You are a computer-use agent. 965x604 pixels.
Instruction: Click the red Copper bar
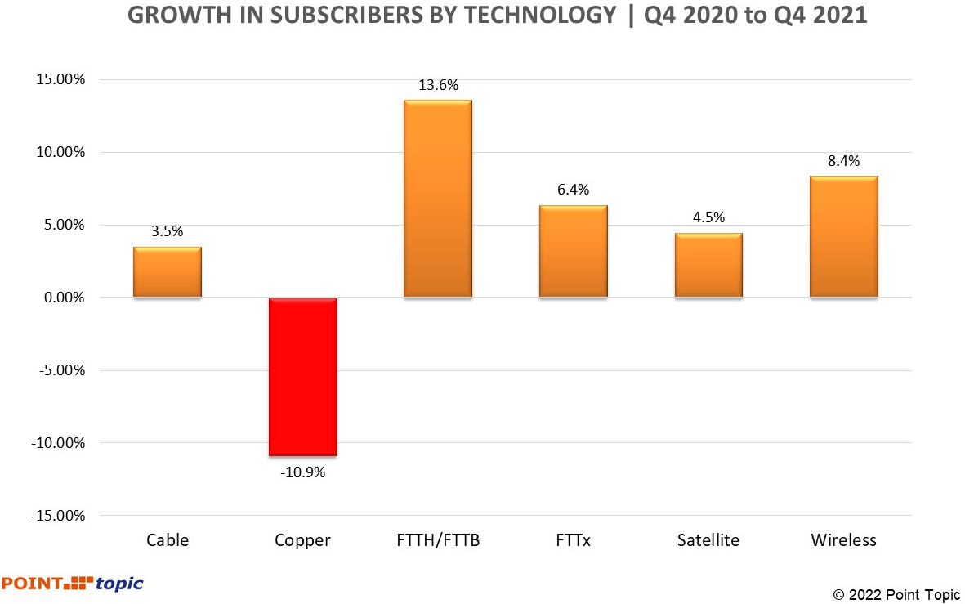tap(302, 376)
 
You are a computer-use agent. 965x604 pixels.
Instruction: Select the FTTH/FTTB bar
tap(438, 199)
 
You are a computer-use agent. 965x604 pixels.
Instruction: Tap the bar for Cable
tap(168, 272)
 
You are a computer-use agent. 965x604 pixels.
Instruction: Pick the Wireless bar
tap(843, 236)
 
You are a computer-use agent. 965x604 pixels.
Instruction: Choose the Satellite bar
tap(708, 265)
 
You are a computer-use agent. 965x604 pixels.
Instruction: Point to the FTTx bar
tap(573, 251)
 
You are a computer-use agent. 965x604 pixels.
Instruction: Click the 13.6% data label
tap(438, 85)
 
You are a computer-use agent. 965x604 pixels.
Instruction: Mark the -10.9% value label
tap(302, 472)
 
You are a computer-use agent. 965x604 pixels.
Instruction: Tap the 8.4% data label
tap(843, 161)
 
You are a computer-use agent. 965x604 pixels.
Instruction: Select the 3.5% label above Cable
tap(168, 231)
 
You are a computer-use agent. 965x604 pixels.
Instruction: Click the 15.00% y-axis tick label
tap(60, 80)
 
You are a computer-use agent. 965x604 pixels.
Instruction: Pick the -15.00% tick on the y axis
tap(58, 516)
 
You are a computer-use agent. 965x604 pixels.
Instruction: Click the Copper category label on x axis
tap(302, 540)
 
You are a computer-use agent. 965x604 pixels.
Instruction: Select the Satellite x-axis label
tap(708, 540)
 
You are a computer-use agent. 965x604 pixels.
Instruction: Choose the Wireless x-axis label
tap(843, 540)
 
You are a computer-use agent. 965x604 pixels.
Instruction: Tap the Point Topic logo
tap(72, 584)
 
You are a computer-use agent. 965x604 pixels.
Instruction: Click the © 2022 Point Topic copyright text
tap(896, 594)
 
